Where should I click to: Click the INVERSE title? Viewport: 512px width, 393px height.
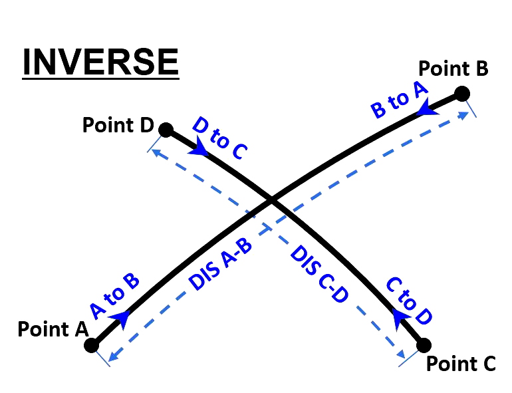pos(100,63)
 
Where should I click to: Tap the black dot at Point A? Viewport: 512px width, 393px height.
pos(92,345)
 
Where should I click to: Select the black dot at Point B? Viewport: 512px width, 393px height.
pos(462,92)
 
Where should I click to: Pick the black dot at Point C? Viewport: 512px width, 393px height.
pos(424,345)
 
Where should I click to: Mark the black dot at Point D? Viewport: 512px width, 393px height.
pos(166,129)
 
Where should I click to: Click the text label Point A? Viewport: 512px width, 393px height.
pos(53,329)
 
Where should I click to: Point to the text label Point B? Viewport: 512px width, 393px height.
pos(453,68)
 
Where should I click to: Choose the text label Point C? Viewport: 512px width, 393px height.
pos(461,364)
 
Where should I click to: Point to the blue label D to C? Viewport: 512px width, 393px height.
pos(219,138)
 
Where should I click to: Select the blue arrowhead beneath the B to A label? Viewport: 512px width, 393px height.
pos(428,110)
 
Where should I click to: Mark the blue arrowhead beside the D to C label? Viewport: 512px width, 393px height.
pos(198,150)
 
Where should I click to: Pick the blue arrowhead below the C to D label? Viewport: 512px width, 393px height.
pos(400,319)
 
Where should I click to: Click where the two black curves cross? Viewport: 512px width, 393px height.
pos(271,199)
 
